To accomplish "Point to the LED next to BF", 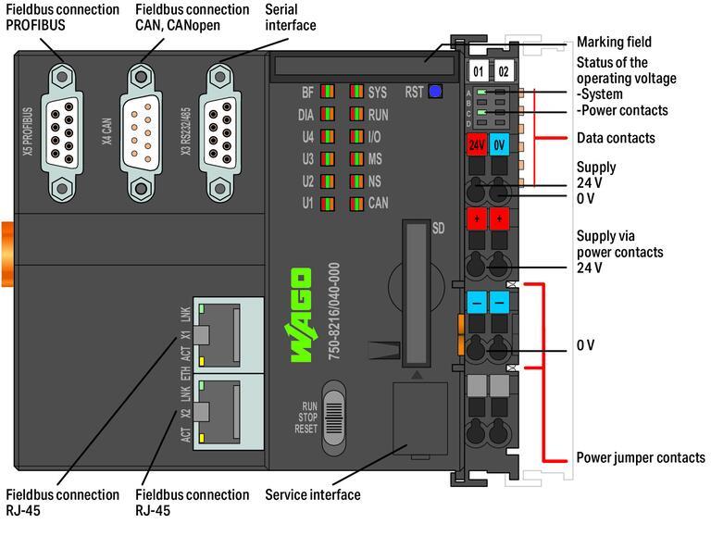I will pyautogui.click(x=328, y=92).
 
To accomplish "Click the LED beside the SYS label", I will pyautogui.click(x=356, y=92).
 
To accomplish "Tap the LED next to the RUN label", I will pyautogui.click(x=356, y=115).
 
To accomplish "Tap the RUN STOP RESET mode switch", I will pyautogui.click(x=335, y=416).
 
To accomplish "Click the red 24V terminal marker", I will pyautogui.click(x=476, y=146).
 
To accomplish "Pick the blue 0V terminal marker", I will pyautogui.click(x=501, y=146).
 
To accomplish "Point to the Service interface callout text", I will pyautogui.click(x=313, y=495).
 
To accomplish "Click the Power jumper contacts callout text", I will pyautogui.click(x=640, y=457).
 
